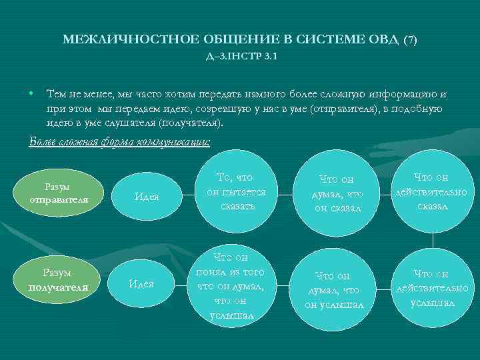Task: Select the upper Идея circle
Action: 147,196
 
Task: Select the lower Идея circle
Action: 141,284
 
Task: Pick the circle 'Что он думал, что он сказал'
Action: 337,193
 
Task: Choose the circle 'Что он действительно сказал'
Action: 433,191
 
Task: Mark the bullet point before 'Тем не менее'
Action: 32,94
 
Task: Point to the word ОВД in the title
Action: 383,39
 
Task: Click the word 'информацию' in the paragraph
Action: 407,94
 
